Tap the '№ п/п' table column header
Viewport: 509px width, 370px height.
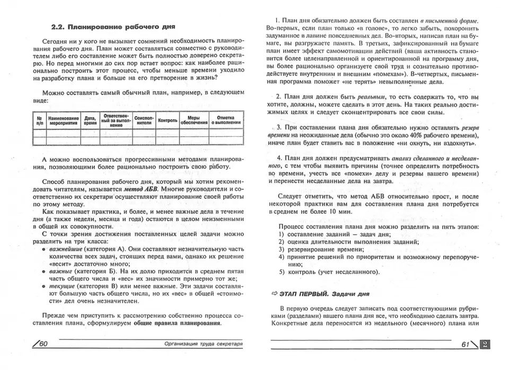tap(39, 120)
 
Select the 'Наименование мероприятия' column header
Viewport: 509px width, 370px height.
tap(63, 120)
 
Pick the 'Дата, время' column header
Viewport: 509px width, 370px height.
tap(90, 120)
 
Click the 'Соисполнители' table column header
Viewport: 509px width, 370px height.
tap(144, 120)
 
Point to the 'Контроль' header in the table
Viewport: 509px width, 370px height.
tap(168, 120)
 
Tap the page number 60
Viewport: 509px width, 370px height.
tap(42, 344)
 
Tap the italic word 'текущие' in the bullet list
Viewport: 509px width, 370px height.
tap(62, 285)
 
